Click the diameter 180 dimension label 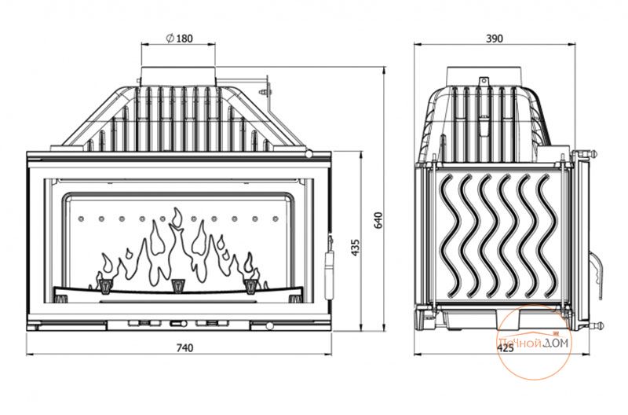coord(179,38)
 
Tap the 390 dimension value coord(495,39)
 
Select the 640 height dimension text coord(378,221)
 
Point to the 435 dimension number coord(356,248)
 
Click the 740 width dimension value coord(184,347)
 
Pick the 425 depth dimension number coord(505,348)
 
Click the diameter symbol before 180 coord(170,38)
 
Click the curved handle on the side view coord(596,274)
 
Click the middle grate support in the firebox coord(177,285)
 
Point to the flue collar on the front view coord(178,75)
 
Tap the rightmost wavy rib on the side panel coord(547,237)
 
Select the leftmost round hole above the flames coord(81,219)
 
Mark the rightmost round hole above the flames coord(276,219)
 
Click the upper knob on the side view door coord(593,153)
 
